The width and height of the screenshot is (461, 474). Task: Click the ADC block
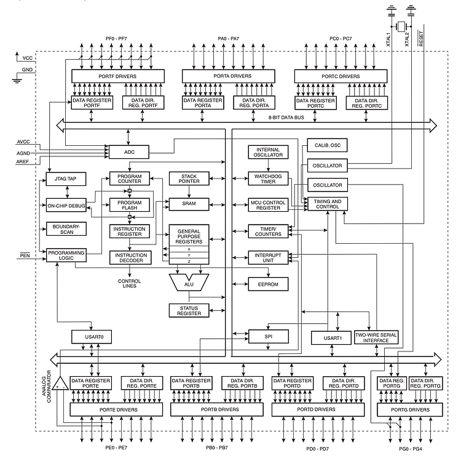tap(129, 152)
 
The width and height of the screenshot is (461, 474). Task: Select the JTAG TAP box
tap(66, 179)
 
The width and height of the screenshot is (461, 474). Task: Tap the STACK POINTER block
tap(189, 179)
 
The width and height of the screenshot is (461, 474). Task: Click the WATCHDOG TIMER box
tap(268, 179)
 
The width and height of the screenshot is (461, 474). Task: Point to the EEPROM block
tap(268, 284)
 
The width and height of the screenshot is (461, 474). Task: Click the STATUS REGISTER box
tap(189, 311)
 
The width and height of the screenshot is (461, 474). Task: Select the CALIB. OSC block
tap(327, 145)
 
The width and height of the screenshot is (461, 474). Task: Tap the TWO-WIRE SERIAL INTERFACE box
tap(376, 338)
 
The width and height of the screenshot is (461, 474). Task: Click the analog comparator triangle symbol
tap(60, 384)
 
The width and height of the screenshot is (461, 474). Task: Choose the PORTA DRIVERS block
tap(229, 76)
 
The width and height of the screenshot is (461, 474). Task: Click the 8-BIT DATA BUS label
tap(286, 118)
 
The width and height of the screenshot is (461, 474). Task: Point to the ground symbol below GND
tap(17, 81)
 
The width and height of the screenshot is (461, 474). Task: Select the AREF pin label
tap(23, 162)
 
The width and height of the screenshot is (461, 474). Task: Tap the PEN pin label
tap(25, 255)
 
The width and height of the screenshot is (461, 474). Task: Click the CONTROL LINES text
tap(129, 284)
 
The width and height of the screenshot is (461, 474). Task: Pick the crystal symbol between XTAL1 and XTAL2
tap(401, 26)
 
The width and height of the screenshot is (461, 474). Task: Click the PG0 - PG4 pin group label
tap(411, 449)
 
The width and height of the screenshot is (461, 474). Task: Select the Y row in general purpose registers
tap(189, 255)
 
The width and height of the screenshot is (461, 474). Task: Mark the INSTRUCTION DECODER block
tap(130, 258)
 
